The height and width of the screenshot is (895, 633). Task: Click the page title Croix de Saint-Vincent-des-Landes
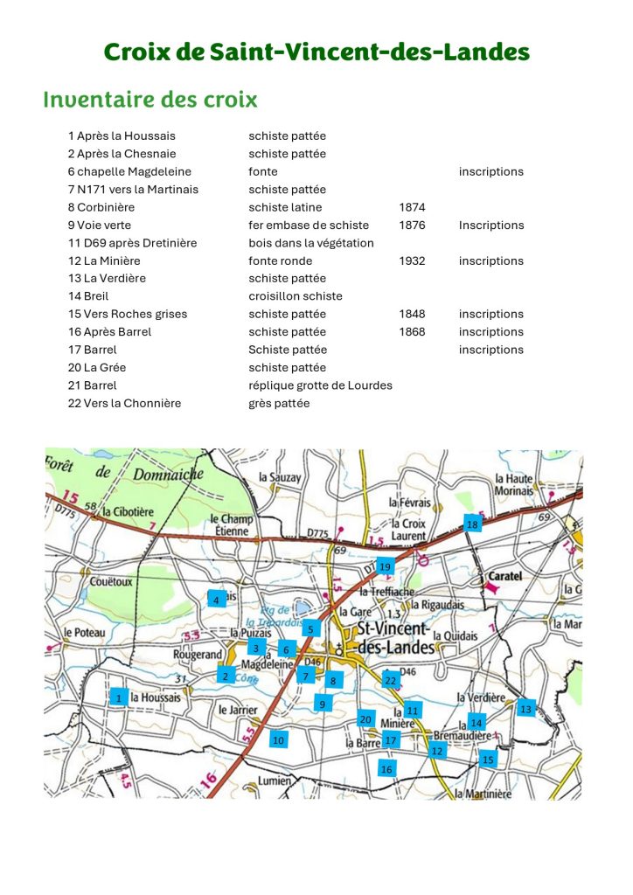pyautogui.click(x=316, y=52)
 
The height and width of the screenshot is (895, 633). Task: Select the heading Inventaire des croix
pyautogui.click(x=150, y=100)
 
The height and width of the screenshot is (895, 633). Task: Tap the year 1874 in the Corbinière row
pyautogui.click(x=412, y=207)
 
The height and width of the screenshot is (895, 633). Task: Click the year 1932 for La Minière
pyautogui.click(x=412, y=260)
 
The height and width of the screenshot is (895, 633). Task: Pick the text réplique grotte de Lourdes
pyautogui.click(x=320, y=385)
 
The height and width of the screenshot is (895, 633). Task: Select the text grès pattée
pyautogui.click(x=279, y=403)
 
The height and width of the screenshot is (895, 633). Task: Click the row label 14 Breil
pyautogui.click(x=88, y=296)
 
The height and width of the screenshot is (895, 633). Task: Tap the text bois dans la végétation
pyautogui.click(x=310, y=243)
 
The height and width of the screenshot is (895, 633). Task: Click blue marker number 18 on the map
pyautogui.click(x=472, y=524)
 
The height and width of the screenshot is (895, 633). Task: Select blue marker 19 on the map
pyautogui.click(x=385, y=567)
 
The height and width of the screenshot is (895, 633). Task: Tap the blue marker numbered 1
pyautogui.click(x=119, y=697)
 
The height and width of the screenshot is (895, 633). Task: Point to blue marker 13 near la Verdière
pyautogui.click(x=525, y=709)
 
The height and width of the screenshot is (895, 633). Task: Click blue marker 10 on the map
pyautogui.click(x=278, y=739)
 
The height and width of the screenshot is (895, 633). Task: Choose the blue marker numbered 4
pyautogui.click(x=216, y=600)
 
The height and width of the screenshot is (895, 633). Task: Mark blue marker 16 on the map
pyautogui.click(x=386, y=768)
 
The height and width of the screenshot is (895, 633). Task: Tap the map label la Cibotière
pyautogui.click(x=128, y=511)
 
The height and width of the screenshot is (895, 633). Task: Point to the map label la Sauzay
pyautogui.click(x=280, y=477)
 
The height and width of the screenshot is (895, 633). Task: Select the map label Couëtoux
pyautogui.click(x=111, y=580)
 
